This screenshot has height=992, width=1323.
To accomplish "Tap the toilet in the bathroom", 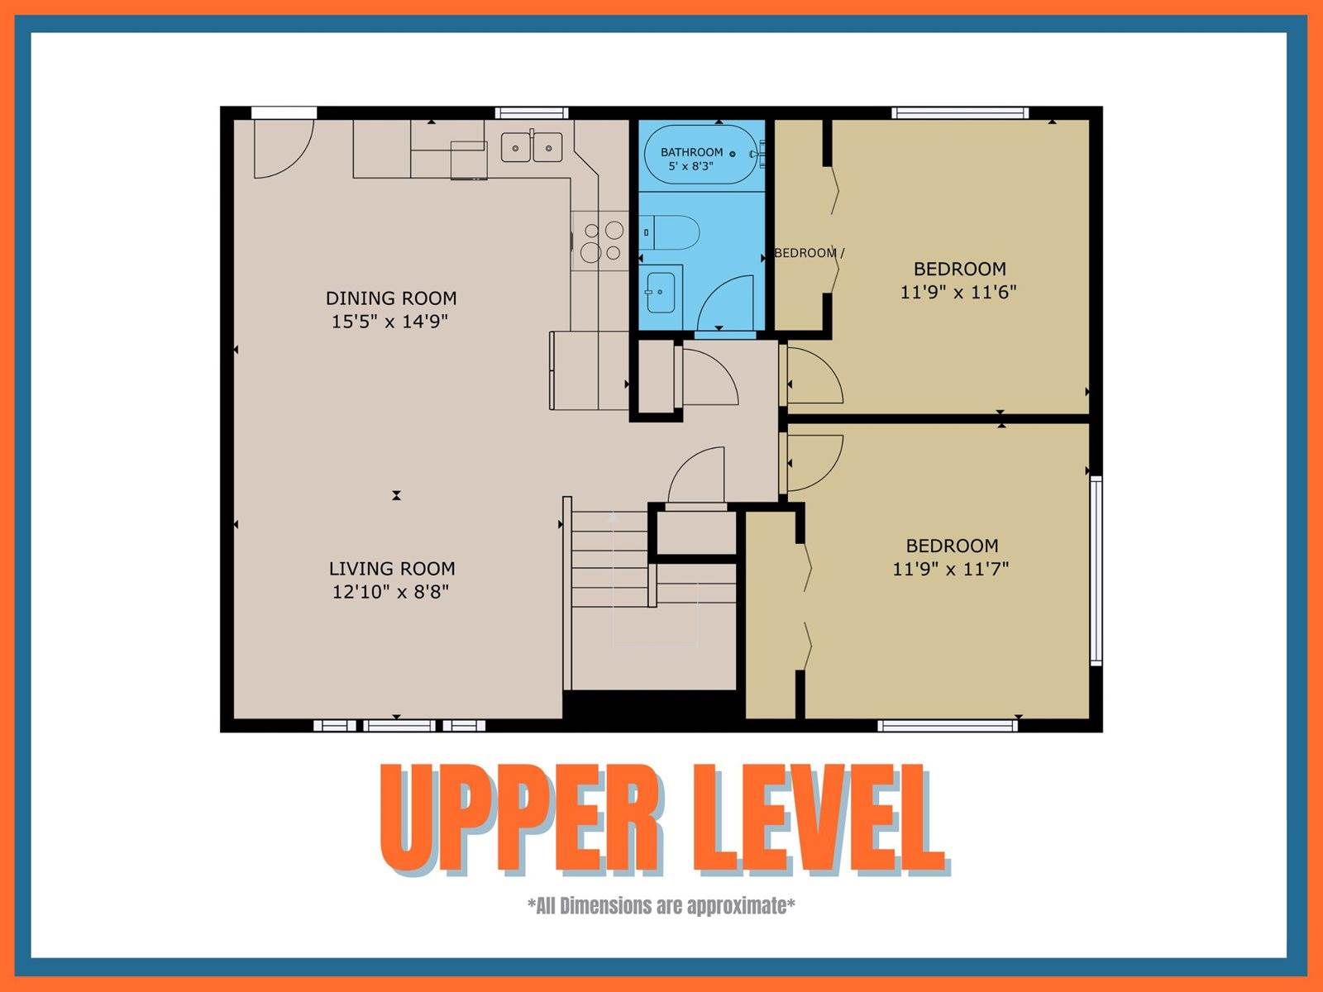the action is point(670,232).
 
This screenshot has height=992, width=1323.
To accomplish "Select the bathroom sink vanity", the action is point(661,292).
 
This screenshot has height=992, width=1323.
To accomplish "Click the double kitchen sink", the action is point(532,148).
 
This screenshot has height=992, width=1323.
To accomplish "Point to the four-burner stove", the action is point(600,241).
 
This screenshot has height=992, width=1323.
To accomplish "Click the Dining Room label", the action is point(391,298).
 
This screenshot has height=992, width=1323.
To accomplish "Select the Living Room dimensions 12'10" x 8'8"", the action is point(390,592).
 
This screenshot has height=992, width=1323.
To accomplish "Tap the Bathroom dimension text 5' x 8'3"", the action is point(690,165).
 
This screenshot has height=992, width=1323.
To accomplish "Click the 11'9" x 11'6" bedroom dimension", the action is point(958,292).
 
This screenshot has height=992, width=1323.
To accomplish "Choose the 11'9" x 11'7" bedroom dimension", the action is point(951,569).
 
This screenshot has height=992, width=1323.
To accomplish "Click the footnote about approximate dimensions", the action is point(661,905).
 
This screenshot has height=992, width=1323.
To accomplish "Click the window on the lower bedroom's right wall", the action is point(1096,570).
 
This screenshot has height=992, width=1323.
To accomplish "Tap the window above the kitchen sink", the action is point(532,112).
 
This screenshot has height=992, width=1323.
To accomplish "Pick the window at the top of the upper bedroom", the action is point(960,112).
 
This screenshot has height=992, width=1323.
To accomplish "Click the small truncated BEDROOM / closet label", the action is point(809,253).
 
